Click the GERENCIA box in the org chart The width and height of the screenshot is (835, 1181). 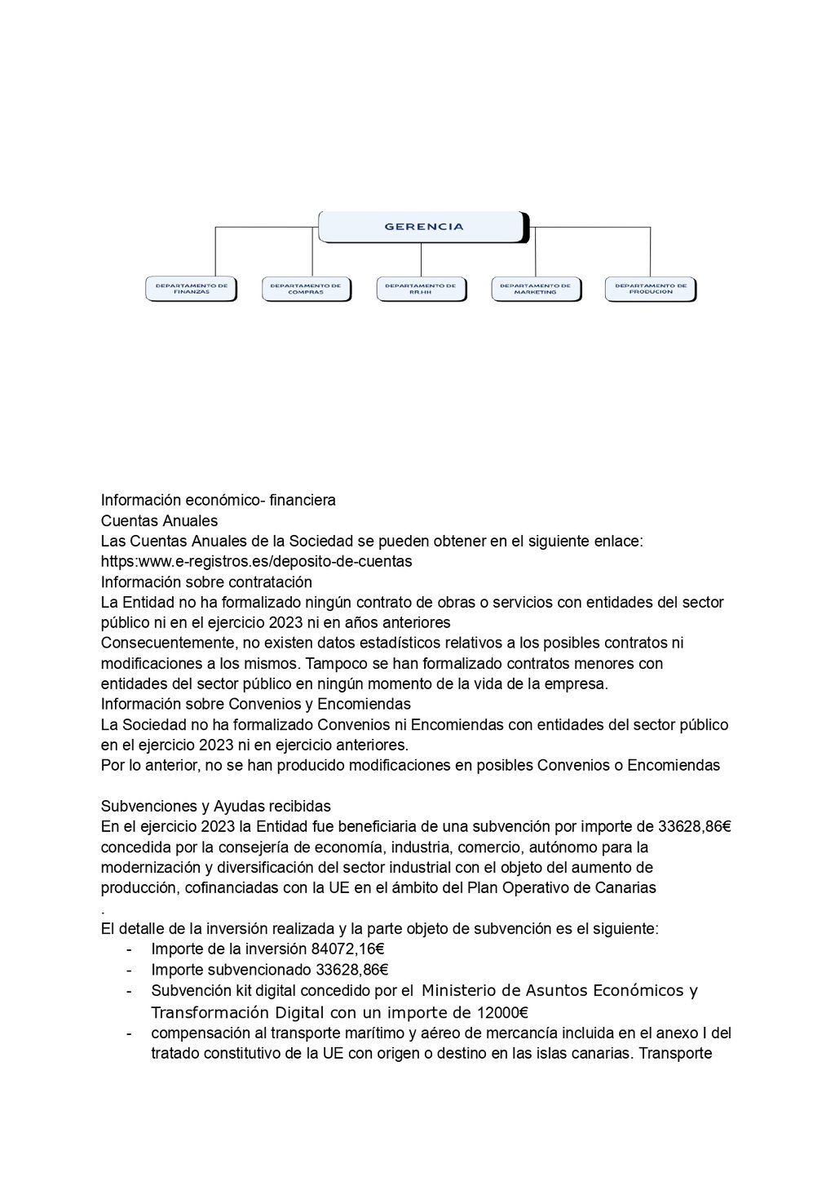422,227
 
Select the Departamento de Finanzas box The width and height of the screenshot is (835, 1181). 192,289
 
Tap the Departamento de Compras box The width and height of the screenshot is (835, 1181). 306,289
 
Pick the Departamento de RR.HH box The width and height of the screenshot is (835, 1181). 421,289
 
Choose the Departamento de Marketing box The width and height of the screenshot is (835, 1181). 536,289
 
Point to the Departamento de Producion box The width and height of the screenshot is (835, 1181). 651,289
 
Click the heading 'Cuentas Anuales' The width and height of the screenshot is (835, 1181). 159,520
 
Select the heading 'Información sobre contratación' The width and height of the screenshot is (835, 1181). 206,582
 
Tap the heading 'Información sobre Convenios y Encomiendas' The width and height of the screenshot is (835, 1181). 255,704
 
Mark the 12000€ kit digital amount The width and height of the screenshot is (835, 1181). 501,1012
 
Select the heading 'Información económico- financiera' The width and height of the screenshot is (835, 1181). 218,500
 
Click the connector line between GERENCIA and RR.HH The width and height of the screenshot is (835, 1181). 421,260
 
